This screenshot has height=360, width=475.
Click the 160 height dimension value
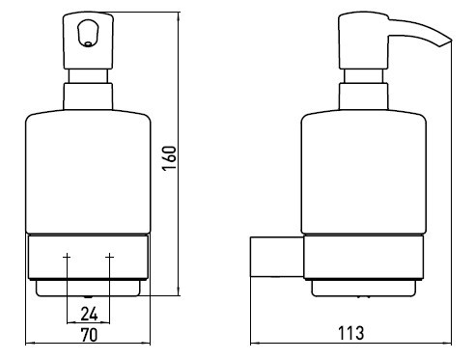point(170,158)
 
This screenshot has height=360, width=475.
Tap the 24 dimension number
point(89,314)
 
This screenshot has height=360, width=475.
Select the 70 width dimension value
point(89,335)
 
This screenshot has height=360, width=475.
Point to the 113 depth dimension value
point(350,333)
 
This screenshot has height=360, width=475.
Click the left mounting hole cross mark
point(67,257)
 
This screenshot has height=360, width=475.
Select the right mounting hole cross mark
point(110,257)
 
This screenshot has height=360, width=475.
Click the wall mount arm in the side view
point(277,257)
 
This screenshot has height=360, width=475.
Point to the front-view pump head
point(88,41)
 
